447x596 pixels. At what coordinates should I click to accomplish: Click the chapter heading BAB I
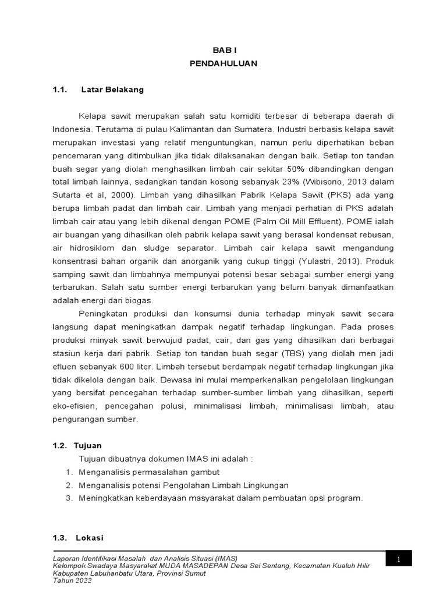point(223,51)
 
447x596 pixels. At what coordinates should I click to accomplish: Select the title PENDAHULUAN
point(223,63)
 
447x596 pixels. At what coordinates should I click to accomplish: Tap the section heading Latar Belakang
point(112,90)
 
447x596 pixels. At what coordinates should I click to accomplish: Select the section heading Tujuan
point(88,446)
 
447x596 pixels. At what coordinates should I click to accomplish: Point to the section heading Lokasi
point(88,538)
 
